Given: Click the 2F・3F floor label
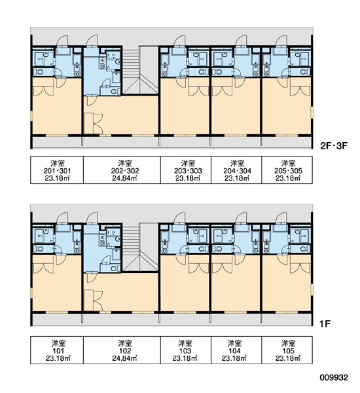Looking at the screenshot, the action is (x=334, y=145).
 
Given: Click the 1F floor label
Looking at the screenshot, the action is (x=325, y=324).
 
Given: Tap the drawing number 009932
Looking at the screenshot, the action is (x=334, y=377).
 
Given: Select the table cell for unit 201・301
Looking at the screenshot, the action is (x=57, y=170).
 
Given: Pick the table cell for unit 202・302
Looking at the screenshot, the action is (x=122, y=170).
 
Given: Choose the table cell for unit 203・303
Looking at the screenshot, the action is (x=186, y=170).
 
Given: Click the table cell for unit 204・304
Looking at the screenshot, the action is (x=236, y=170).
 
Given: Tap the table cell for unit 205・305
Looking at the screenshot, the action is (x=287, y=170).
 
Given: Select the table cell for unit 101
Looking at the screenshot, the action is (x=57, y=350).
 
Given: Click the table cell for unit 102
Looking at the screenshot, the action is (x=122, y=350).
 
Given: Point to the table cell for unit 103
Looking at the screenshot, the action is (x=186, y=350).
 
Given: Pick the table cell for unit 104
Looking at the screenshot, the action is (x=236, y=350).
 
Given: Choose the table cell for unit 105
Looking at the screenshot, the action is (x=287, y=350).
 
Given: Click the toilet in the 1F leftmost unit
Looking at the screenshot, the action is (x=39, y=249).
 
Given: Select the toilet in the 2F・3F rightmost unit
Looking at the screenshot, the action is (x=304, y=72).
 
